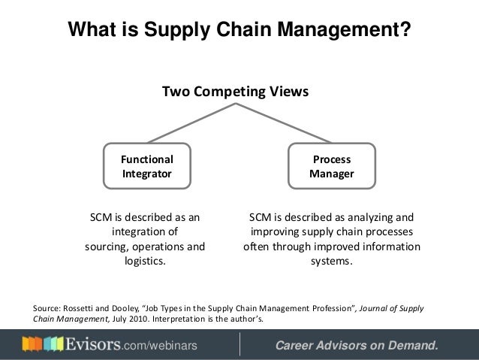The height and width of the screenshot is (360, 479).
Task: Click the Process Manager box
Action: pos(331,166)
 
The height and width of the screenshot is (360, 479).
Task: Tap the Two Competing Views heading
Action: pos(236,92)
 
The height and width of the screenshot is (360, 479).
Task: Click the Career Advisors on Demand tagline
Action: pos(356,346)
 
